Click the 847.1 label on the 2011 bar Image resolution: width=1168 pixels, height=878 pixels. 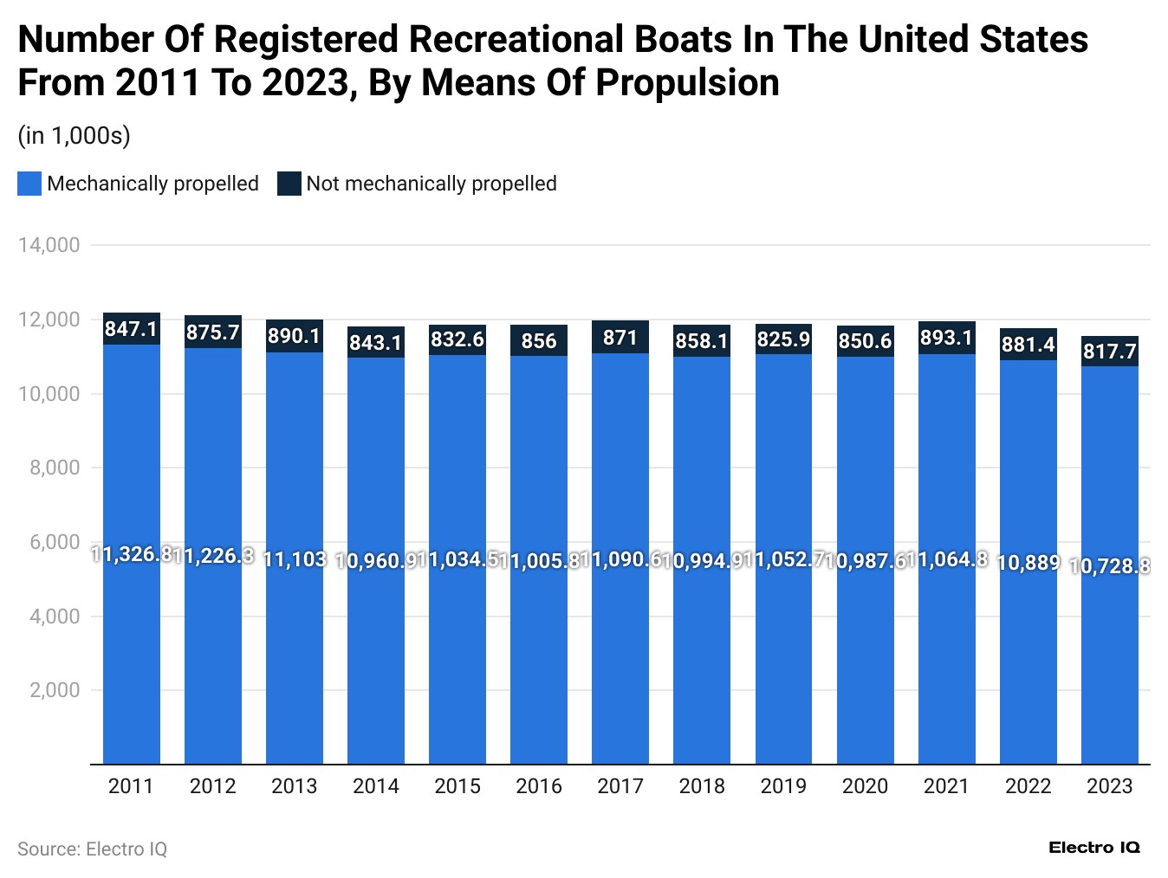point(131,329)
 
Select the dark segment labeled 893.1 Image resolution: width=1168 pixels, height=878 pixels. point(946,338)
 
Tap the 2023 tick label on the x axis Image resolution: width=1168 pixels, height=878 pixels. point(1109,786)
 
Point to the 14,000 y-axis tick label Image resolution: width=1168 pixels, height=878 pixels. point(49,245)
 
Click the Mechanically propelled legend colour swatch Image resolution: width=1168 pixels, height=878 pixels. point(29,184)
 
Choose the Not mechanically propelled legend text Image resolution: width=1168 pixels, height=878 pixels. point(431,184)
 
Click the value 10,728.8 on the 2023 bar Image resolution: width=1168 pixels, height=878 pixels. point(1109,565)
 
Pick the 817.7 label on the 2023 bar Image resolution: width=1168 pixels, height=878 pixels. point(1109,352)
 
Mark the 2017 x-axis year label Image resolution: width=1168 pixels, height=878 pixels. point(620,786)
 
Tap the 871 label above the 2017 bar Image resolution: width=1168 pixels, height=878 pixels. point(620,338)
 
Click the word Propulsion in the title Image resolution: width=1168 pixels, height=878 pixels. point(687,83)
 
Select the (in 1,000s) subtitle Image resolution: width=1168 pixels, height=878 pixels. point(74,136)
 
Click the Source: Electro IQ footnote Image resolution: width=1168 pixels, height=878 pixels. point(92,849)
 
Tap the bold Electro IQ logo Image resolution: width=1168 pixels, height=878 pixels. point(1093,848)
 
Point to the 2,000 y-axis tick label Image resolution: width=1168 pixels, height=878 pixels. point(55,691)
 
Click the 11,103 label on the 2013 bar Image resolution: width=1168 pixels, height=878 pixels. point(295,559)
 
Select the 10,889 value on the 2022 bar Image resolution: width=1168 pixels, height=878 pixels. point(1028,563)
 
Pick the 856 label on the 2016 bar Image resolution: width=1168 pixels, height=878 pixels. point(539,341)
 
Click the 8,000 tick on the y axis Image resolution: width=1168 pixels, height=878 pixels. point(55,468)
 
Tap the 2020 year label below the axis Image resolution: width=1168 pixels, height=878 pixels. point(865,786)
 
